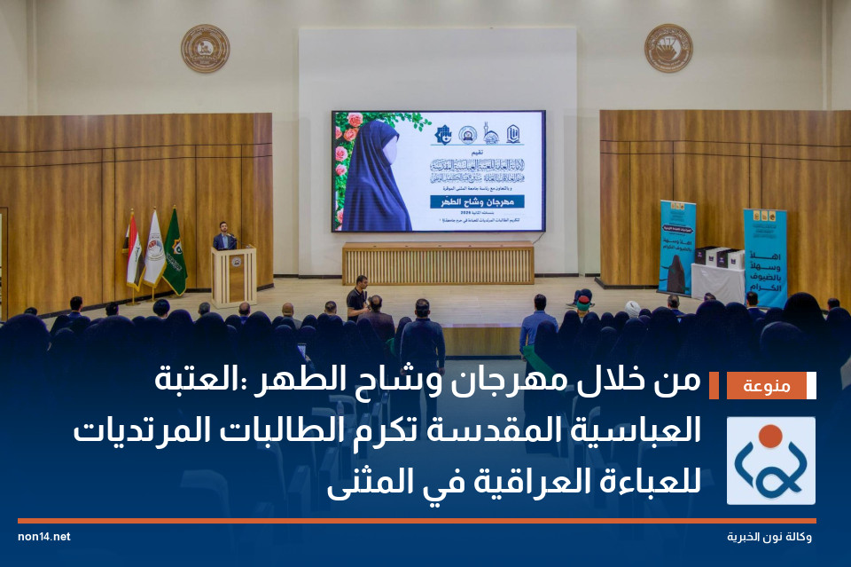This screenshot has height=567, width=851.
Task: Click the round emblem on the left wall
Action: tap(205, 49)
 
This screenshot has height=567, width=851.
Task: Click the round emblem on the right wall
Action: tap(668, 49)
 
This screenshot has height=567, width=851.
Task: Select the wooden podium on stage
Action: tap(233, 275)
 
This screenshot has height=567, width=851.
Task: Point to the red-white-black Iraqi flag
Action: tap(132, 253)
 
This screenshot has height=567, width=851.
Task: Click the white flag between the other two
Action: tap(153, 251)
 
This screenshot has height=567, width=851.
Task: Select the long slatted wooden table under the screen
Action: tap(438, 264)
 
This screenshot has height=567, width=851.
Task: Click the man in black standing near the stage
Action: tap(356, 298)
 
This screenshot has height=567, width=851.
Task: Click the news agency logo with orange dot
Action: tap(770, 461)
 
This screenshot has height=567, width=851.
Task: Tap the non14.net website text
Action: tap(43, 537)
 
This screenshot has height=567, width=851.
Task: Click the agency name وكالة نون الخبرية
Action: tap(769, 538)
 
